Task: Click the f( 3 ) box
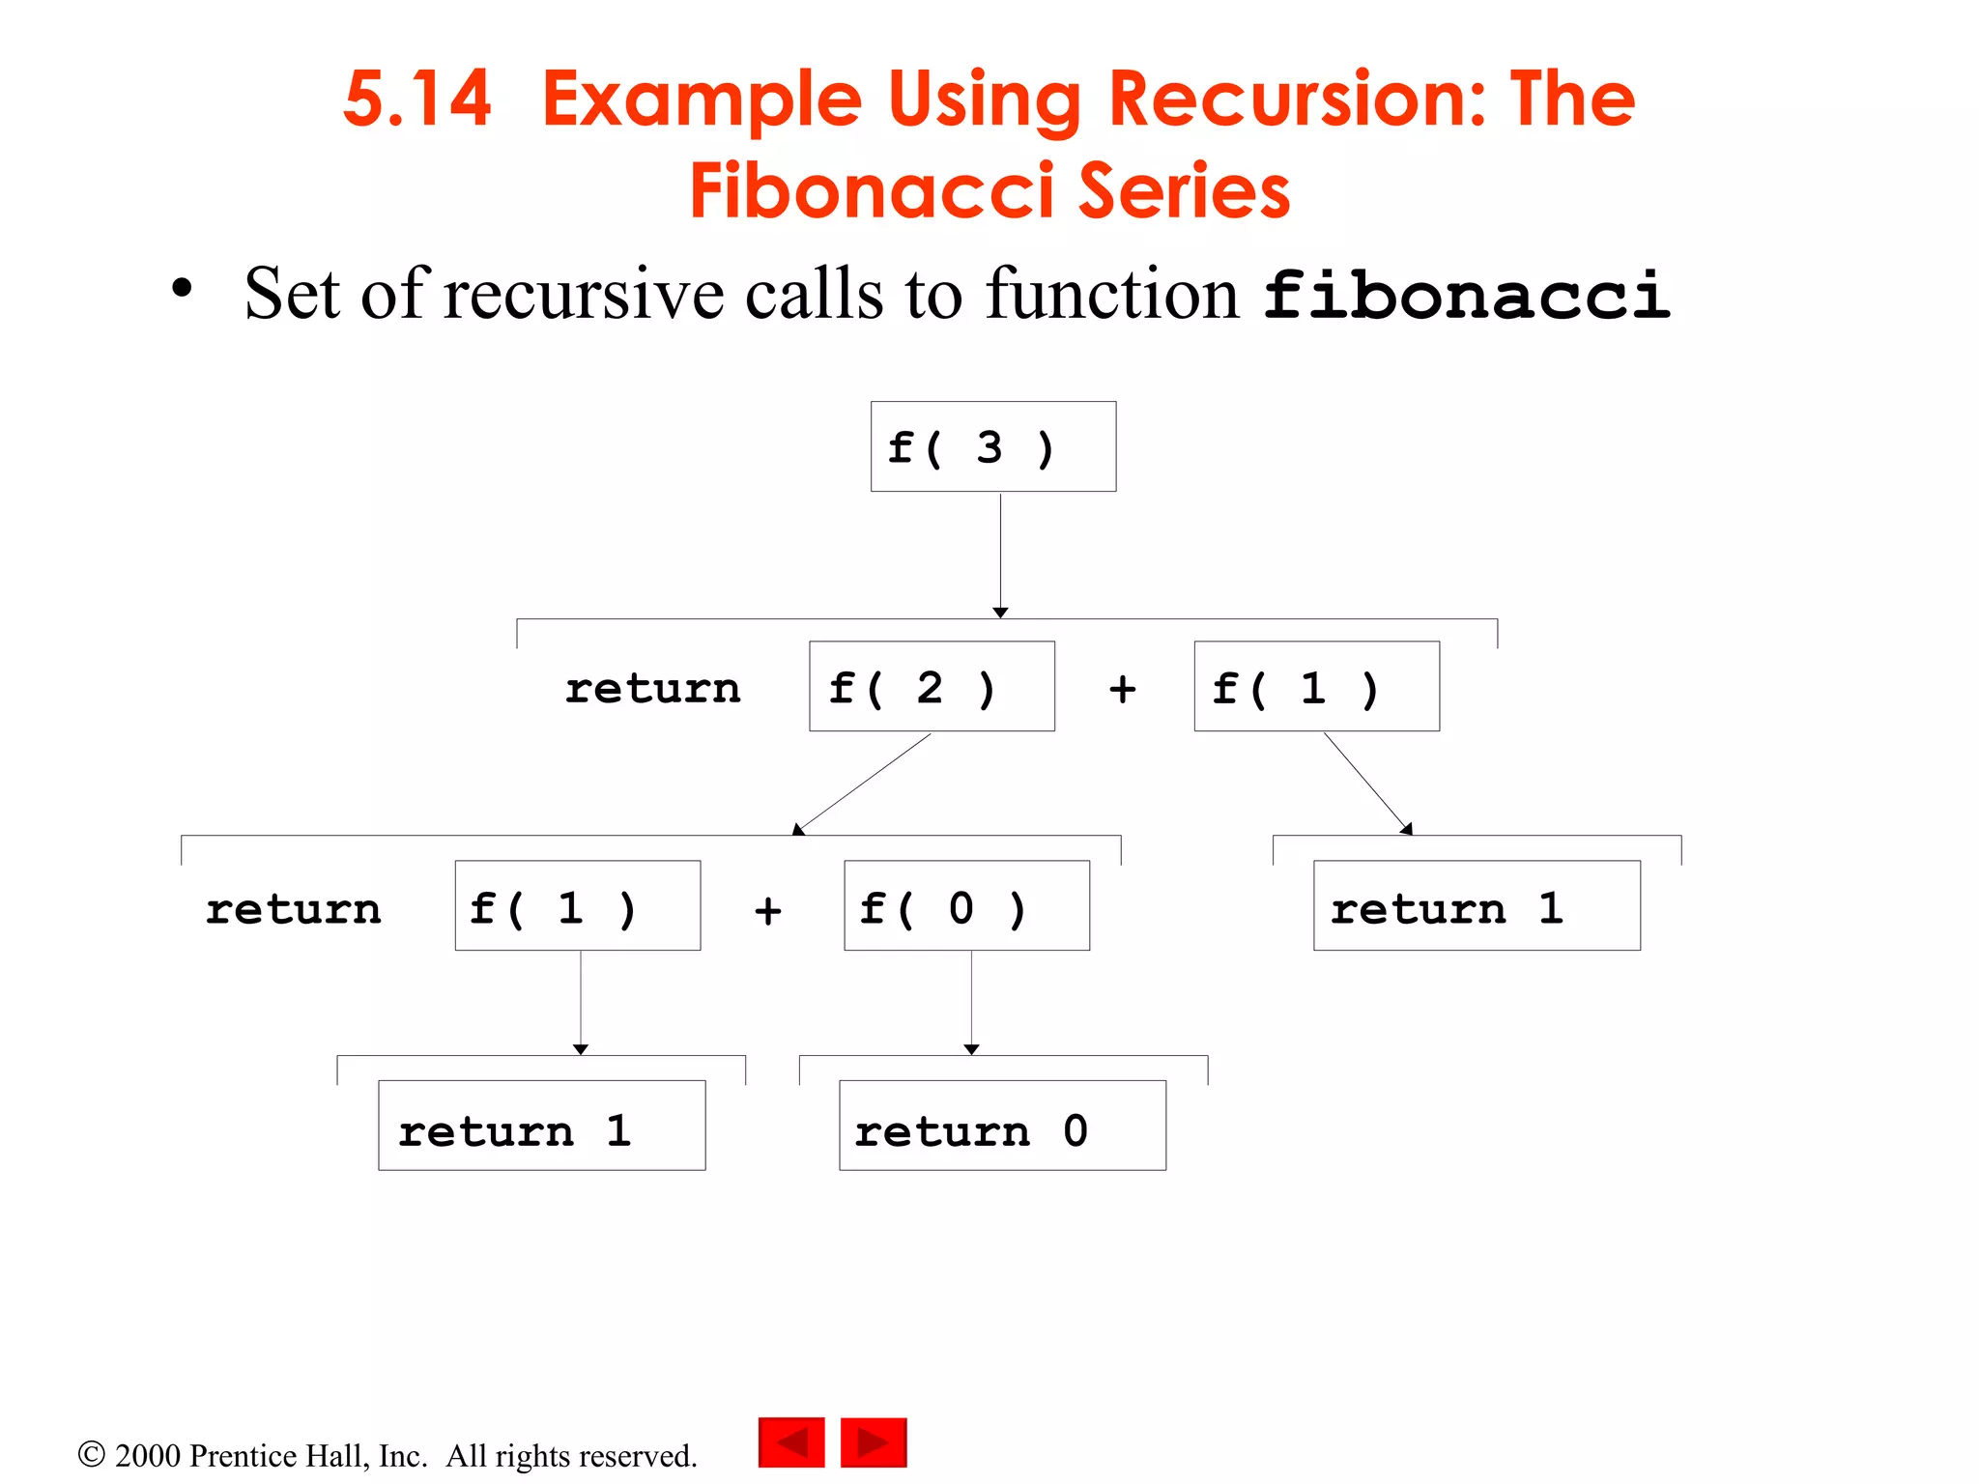click(992, 446)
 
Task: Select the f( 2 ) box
click(932, 686)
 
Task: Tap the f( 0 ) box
click(966, 905)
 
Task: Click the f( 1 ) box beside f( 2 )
click(1316, 686)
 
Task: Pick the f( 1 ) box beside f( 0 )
click(577, 905)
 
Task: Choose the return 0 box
click(1002, 1126)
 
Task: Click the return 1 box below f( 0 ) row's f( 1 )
click(541, 1126)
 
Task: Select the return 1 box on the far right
click(1477, 905)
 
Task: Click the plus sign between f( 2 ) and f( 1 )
click(1122, 689)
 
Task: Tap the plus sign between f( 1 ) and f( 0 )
click(767, 910)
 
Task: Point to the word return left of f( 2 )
click(652, 689)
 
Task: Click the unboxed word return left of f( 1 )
click(293, 909)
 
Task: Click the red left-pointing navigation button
click(791, 1442)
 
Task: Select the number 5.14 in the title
click(417, 100)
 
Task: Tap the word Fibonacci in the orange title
click(871, 190)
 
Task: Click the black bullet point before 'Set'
click(182, 288)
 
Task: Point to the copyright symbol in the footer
click(91, 1454)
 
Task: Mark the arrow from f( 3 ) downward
click(1000, 556)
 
